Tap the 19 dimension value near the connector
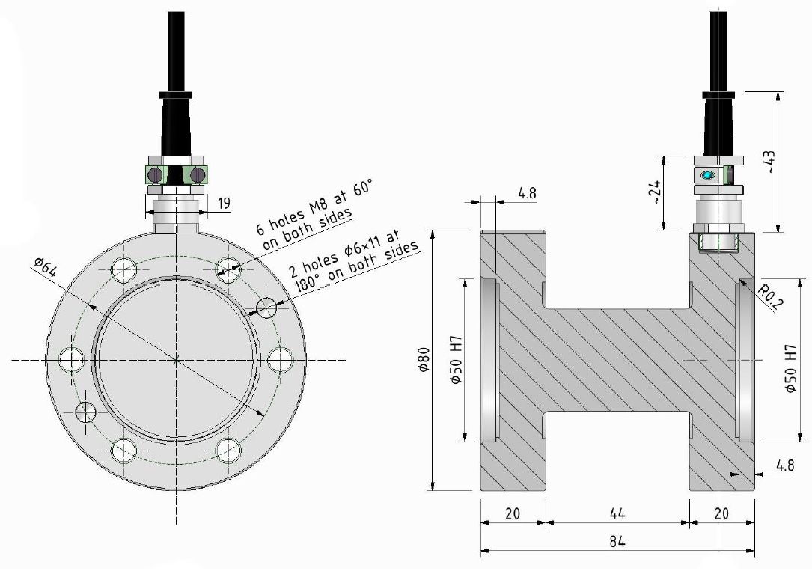(x=225, y=203)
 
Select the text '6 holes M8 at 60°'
(x=313, y=209)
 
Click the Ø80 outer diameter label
(x=424, y=360)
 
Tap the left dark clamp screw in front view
(x=154, y=174)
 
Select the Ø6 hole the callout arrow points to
(x=266, y=307)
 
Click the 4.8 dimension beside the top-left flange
(x=527, y=193)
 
